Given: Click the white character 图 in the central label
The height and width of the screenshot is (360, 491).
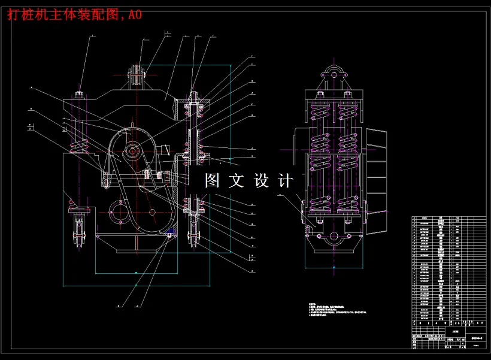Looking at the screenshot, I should point(213,181).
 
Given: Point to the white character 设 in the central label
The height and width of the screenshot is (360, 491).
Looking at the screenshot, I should point(262,181).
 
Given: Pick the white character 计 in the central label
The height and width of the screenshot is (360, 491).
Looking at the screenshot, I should point(286,181).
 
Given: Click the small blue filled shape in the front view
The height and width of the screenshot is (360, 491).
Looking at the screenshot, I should point(170,230).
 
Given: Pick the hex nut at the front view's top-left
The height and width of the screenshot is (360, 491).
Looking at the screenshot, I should point(79,94).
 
